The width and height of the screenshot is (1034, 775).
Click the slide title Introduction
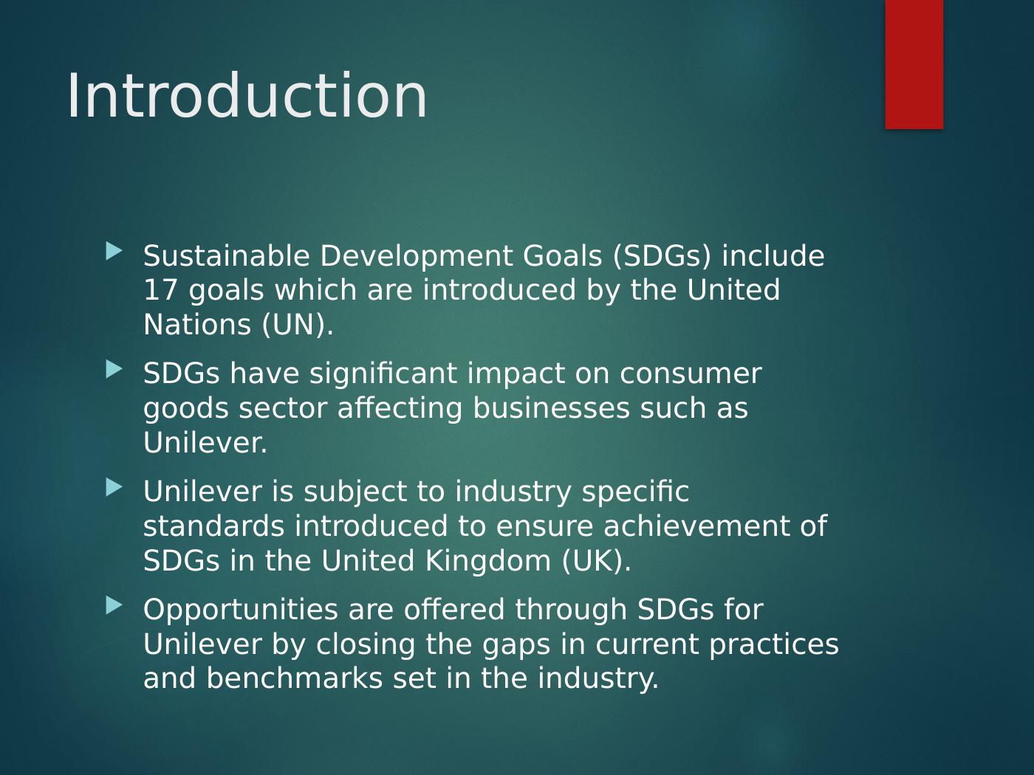point(247,96)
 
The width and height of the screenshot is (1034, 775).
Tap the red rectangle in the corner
point(914,64)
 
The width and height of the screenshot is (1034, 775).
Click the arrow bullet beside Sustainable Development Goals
point(114,251)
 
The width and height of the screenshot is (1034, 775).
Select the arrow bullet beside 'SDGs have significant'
point(114,369)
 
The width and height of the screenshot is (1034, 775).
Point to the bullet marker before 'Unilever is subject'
point(114,487)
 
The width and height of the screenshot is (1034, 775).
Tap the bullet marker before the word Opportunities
point(114,605)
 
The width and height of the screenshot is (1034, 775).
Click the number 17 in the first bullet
point(160,290)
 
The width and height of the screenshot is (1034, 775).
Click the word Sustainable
point(227,256)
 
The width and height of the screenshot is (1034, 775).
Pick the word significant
point(383,375)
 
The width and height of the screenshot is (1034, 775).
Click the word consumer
point(691,374)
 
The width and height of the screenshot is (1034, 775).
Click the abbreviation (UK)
point(596,561)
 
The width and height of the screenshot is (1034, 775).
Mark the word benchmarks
point(295,678)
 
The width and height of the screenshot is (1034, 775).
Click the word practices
point(774,645)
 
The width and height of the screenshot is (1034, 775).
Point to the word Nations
point(197,325)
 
